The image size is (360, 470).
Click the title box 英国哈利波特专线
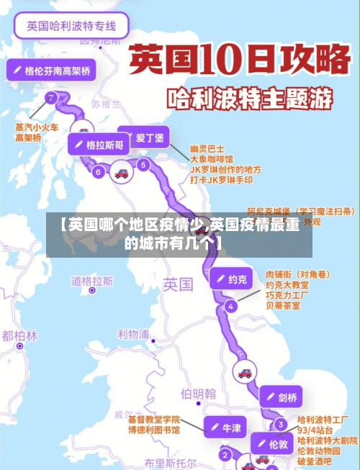click(71, 26)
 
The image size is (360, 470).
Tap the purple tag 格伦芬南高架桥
click(52, 71)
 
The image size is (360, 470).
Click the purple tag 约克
click(232, 279)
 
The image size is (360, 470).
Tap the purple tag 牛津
click(225, 427)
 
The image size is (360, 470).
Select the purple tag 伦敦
click(271, 444)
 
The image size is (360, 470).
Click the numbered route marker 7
click(50, 97)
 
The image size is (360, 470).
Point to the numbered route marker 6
click(98, 171)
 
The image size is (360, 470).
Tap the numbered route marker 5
click(143, 165)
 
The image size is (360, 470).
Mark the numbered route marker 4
click(230, 306)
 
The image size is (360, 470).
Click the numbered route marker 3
click(279, 425)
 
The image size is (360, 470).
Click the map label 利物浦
click(133, 334)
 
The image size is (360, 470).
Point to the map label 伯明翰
click(198, 393)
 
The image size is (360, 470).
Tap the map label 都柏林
click(19, 335)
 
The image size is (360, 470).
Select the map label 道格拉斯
click(92, 281)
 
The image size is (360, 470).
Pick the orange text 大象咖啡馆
click(212, 158)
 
